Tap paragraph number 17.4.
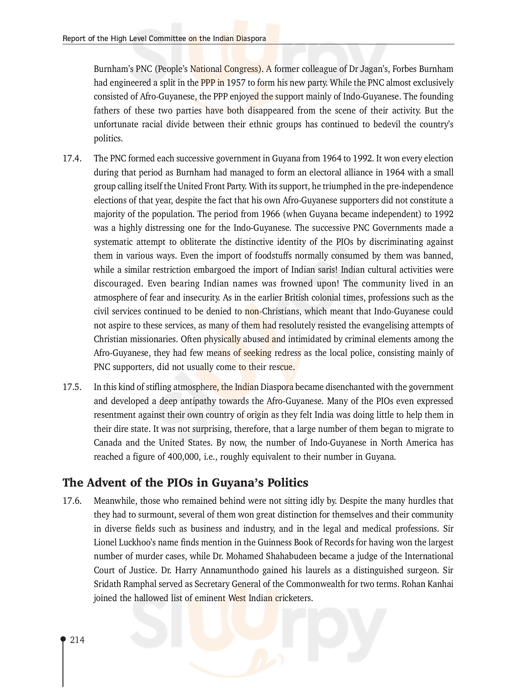(72, 159)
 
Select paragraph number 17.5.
(72, 387)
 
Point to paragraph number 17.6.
(72, 501)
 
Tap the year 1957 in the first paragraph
(235, 83)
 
